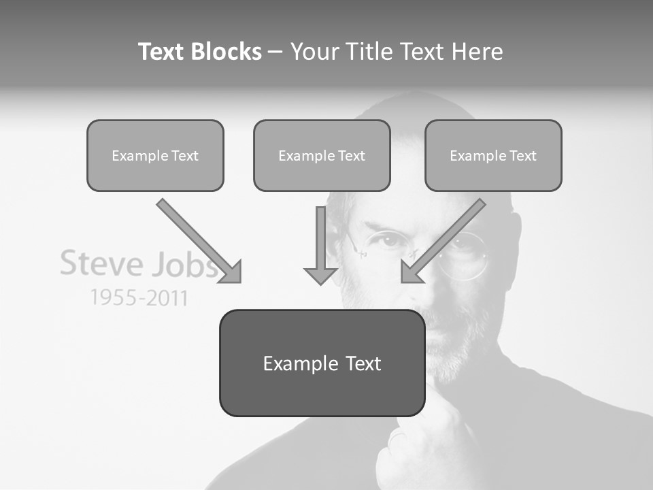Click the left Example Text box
[155, 155]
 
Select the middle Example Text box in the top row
[322, 155]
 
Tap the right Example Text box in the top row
[493, 155]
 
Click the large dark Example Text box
[322, 363]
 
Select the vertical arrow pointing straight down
[321, 245]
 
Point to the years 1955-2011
[139, 297]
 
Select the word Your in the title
[315, 52]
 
